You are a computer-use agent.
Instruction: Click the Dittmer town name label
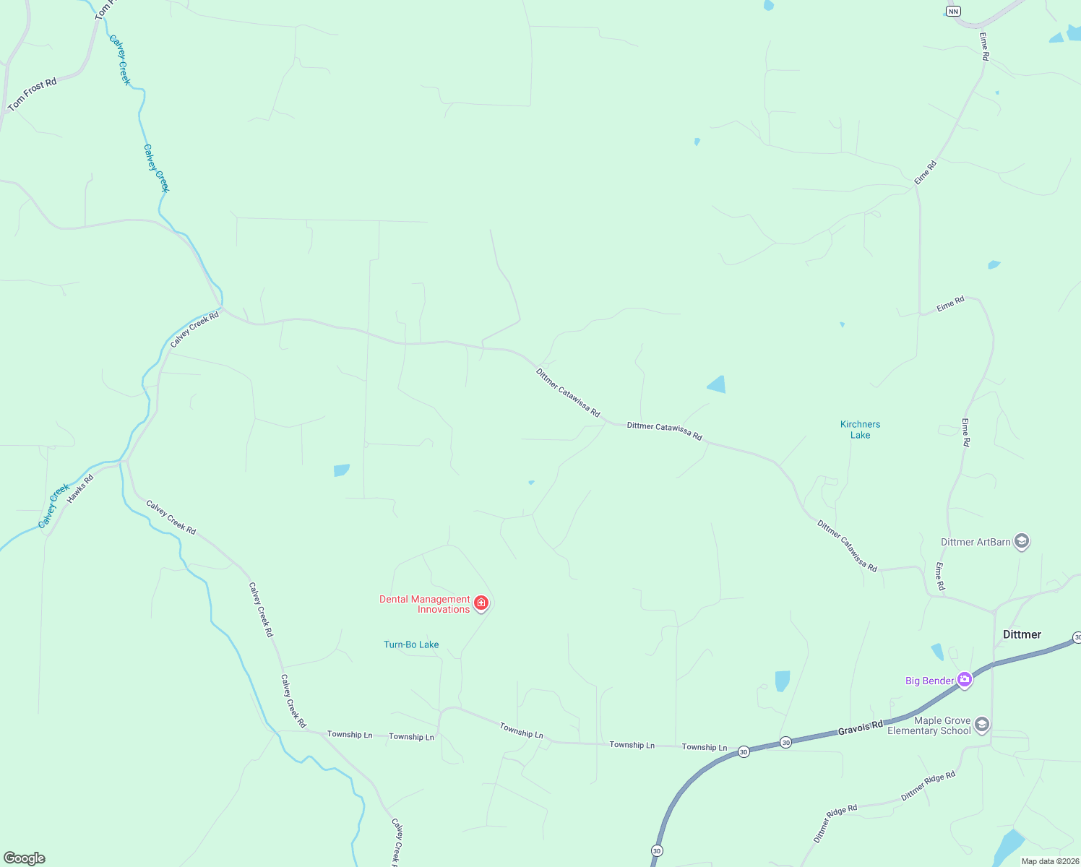pyautogui.click(x=1022, y=634)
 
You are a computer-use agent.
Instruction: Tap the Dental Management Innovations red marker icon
pyautogui.click(x=481, y=603)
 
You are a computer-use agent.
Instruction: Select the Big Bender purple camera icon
pyautogui.click(x=964, y=680)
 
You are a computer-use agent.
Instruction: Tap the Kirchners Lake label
pyautogui.click(x=860, y=430)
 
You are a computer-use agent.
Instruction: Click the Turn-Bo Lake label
pyautogui.click(x=411, y=644)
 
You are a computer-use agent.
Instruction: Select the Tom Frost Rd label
pyautogui.click(x=32, y=95)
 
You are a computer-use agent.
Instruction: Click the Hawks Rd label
pyautogui.click(x=80, y=489)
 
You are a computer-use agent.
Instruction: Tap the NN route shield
pyautogui.click(x=953, y=11)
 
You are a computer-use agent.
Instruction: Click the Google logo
pyautogui.click(x=25, y=858)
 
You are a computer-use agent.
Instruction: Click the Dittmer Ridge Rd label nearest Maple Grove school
pyautogui.click(x=928, y=786)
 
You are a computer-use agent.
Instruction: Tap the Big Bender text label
pyautogui.click(x=929, y=681)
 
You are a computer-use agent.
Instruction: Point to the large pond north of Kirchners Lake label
pyautogui.click(x=717, y=384)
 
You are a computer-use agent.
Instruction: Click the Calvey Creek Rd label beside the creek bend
pyautogui.click(x=194, y=329)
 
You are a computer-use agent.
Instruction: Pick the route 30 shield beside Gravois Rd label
pyautogui.click(x=785, y=743)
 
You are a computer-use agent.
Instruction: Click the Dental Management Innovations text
pyautogui.click(x=425, y=604)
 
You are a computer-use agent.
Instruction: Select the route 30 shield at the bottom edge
pyautogui.click(x=656, y=851)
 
